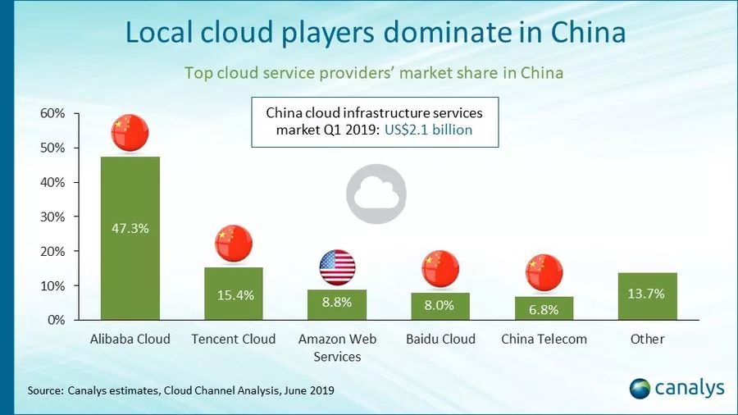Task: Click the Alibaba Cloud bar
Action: [x=130, y=238]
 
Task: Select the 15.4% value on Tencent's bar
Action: [x=235, y=295]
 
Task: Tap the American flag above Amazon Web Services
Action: [x=338, y=267]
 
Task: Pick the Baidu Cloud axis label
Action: [x=440, y=339]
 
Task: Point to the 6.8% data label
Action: [x=544, y=309]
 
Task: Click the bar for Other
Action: [x=648, y=296]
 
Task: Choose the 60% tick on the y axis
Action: [x=52, y=113]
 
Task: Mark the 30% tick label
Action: [x=52, y=217]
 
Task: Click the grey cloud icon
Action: [x=376, y=194]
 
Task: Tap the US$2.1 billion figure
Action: [x=428, y=130]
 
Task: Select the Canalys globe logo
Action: [x=640, y=389]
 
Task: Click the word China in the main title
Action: [x=588, y=33]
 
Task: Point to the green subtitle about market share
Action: [x=374, y=73]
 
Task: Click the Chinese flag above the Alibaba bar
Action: [x=130, y=133]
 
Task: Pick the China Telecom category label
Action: [x=544, y=339]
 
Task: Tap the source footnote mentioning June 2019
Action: [x=180, y=390]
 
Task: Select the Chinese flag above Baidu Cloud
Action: [x=440, y=269]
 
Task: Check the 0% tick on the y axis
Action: [x=56, y=320]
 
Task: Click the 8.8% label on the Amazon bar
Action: [x=337, y=302]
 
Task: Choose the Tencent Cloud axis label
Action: [x=234, y=339]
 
